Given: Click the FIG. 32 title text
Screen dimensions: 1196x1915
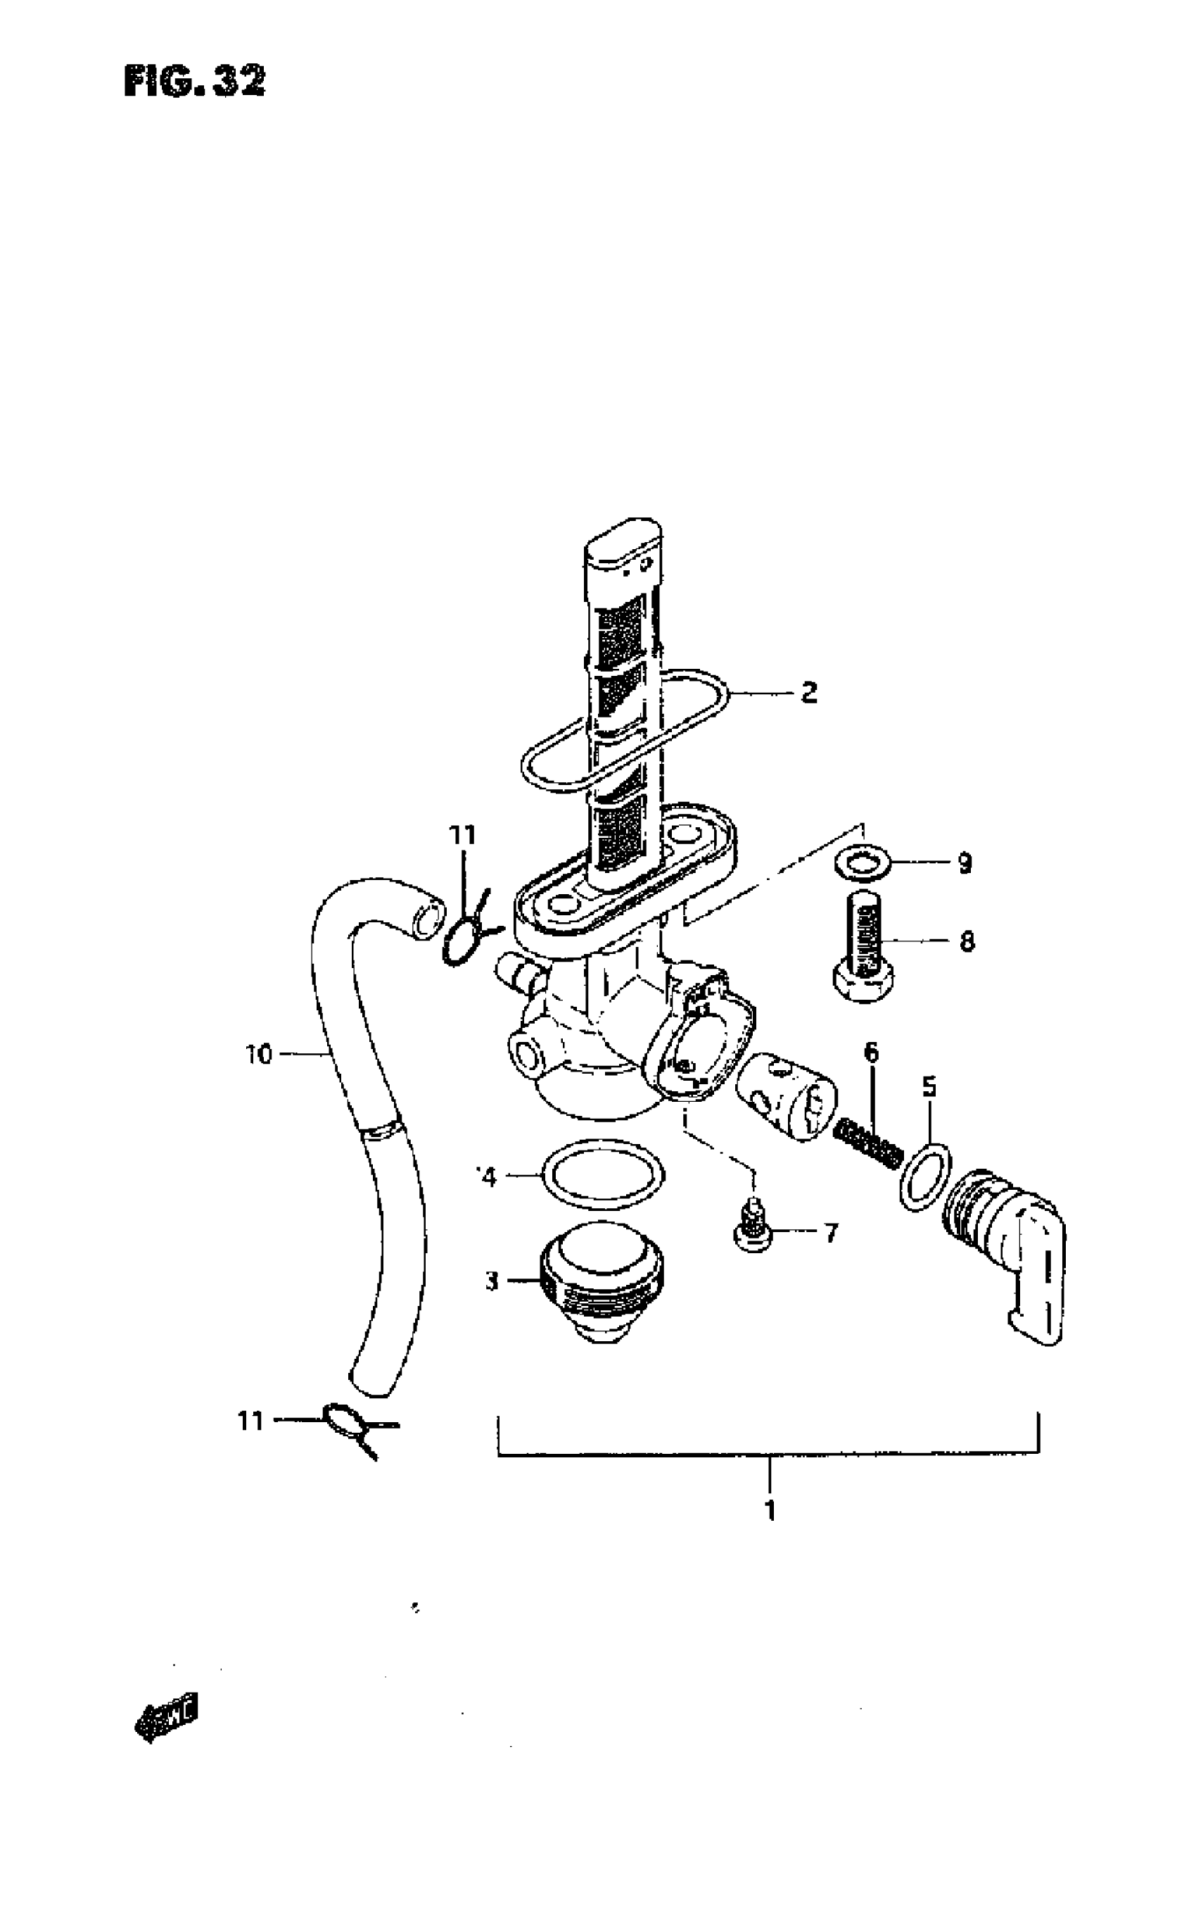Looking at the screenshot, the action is [195, 81].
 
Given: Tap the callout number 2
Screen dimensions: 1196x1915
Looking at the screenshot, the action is [808, 693].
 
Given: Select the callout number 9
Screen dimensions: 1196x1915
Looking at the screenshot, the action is [965, 863].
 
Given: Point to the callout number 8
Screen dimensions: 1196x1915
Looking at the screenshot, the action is [967, 943].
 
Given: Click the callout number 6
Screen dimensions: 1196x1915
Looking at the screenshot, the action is [871, 1053].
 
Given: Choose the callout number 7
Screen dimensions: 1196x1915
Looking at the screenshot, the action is [829, 1233].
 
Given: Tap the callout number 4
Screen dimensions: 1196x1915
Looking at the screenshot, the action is [488, 1177].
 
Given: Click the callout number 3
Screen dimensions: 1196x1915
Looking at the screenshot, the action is [492, 1281].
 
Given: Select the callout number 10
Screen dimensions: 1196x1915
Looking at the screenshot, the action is [259, 1054].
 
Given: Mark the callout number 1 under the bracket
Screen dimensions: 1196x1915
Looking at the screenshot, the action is [769, 1511].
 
